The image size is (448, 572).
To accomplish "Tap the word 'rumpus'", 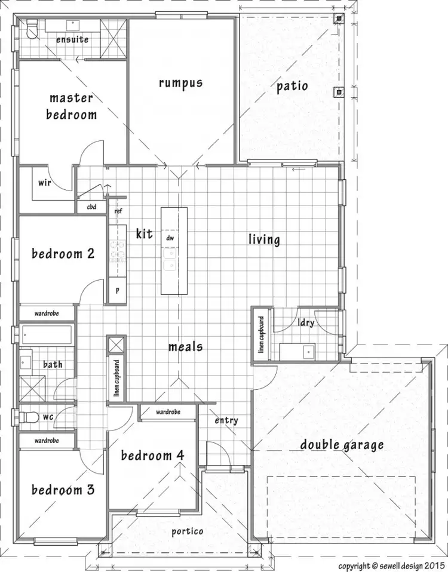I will pos(180,82).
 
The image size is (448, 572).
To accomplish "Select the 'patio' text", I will pos(292,86).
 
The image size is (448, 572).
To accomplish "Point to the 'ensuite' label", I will pos(72,39).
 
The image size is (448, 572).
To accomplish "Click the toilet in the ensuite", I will pos(33,27).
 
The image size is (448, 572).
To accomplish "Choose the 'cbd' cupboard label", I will pos(91,207).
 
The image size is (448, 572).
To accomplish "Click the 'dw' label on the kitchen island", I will pos(170,238).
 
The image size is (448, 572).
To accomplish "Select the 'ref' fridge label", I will pos(118,210).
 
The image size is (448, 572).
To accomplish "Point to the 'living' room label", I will pos(264,239).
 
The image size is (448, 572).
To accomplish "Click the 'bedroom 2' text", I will pos(63,254).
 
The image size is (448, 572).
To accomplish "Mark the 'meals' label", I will pos(185,346).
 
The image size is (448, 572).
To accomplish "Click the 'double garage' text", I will pos(342,445).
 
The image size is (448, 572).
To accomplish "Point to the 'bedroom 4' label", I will pos(152,456).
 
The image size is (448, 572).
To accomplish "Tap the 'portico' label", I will pos(187,531).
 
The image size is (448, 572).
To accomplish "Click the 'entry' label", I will pos(226,420).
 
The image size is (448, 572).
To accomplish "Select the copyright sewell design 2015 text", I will pos(392,564).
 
